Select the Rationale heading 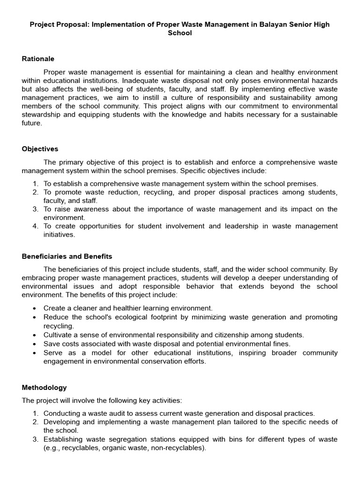[38, 59]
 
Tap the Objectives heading [40, 149]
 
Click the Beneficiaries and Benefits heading [67, 256]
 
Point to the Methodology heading [44, 388]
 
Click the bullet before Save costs [35, 344]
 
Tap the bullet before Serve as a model [35, 352]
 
